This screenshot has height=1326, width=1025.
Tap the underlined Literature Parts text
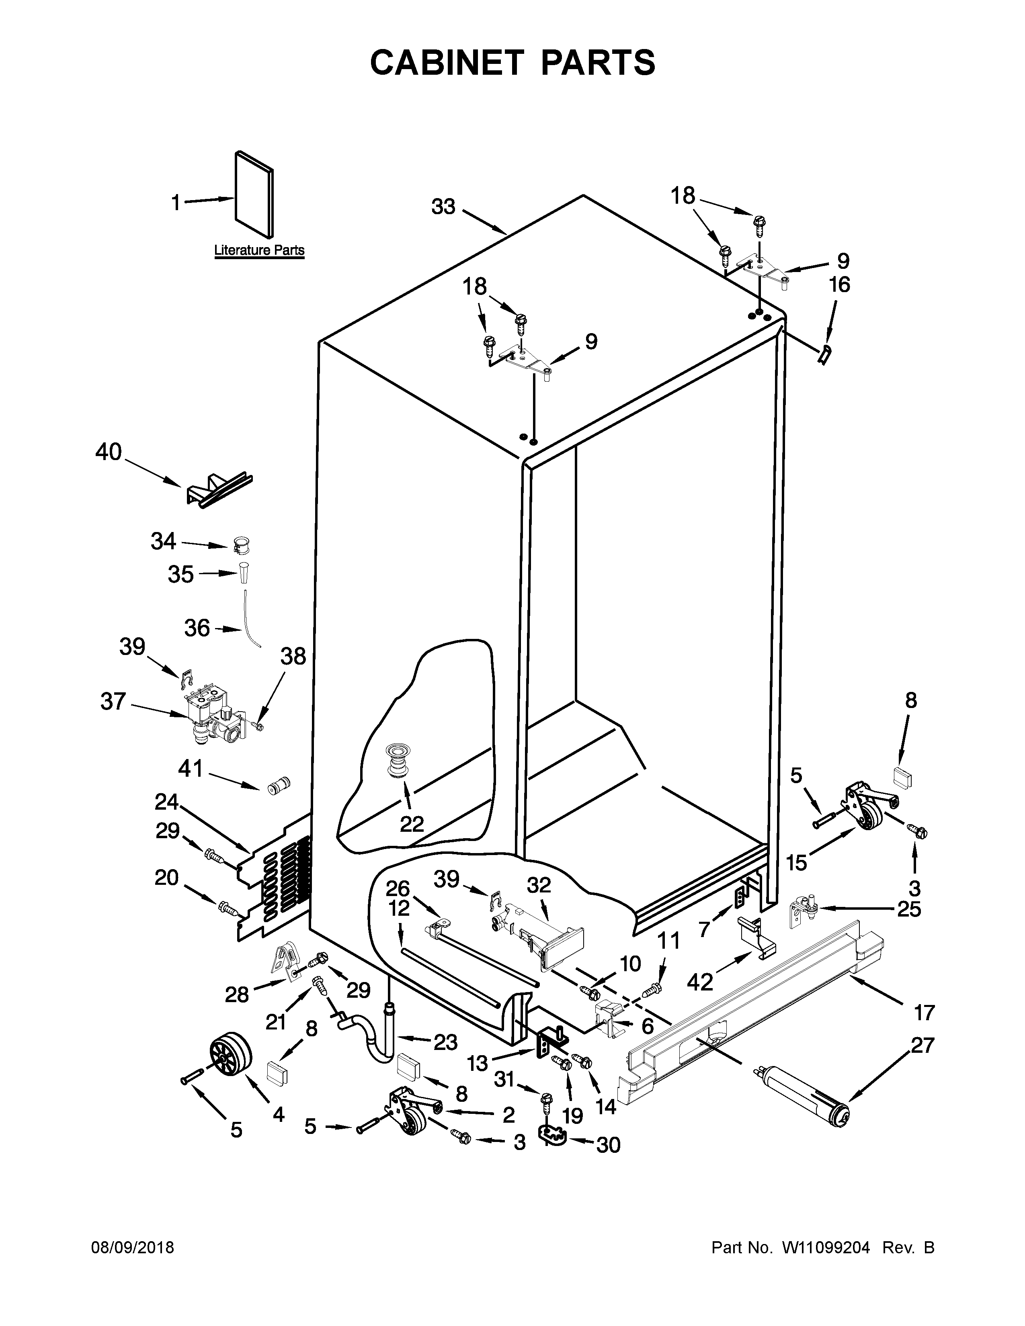(x=259, y=250)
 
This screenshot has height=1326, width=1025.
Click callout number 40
(x=109, y=452)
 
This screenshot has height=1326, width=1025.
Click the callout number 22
(x=412, y=824)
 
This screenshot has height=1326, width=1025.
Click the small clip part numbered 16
(x=823, y=353)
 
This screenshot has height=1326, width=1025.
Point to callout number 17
(x=924, y=1012)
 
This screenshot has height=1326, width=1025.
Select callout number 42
(x=700, y=981)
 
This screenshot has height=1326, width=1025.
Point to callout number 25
(x=908, y=909)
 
